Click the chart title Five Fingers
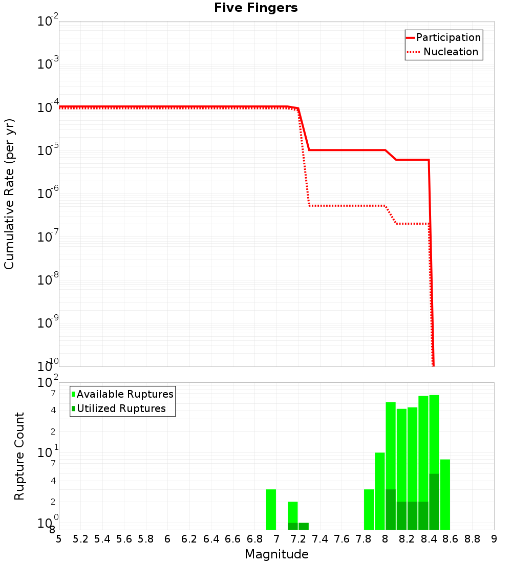coord(255,8)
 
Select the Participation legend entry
coord(448,37)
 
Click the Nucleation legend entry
coord(450,52)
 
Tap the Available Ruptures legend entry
coord(124,394)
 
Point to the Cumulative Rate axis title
coord(9,193)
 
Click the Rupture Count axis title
coord(19,456)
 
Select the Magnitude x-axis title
coord(276,554)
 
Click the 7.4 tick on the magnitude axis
coord(320,539)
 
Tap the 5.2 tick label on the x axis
coord(80,539)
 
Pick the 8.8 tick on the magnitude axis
coord(472,539)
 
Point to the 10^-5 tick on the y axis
coord(49,150)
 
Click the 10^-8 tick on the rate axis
coord(49,279)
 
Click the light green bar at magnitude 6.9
coord(271,509)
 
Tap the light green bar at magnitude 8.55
coord(445,494)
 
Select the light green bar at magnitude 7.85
coord(369,509)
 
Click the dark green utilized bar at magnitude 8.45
coord(434,502)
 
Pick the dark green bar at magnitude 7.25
coord(304,526)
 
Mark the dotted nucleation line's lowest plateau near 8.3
coord(412,224)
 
